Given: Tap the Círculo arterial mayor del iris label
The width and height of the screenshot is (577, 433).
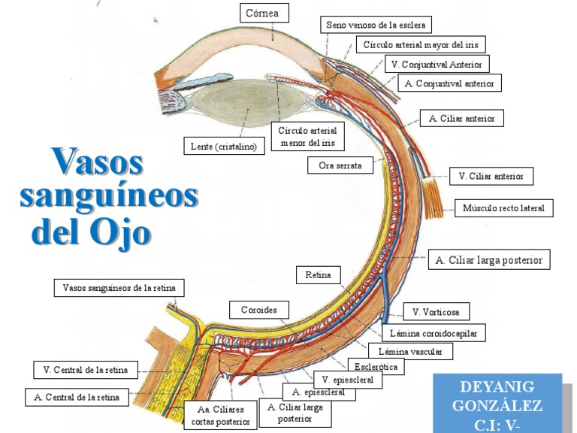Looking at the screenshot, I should click(x=420, y=44).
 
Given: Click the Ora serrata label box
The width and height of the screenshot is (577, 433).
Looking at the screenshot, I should click(x=340, y=165).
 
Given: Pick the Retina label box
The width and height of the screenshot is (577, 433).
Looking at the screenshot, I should click(x=318, y=275).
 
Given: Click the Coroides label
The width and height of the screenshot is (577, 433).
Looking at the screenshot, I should click(x=258, y=310).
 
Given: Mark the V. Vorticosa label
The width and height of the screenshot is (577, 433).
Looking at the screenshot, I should click(x=436, y=311).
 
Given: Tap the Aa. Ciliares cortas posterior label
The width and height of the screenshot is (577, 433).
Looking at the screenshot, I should click(x=220, y=416).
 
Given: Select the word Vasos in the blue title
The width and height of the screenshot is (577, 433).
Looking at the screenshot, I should click(x=97, y=162).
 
